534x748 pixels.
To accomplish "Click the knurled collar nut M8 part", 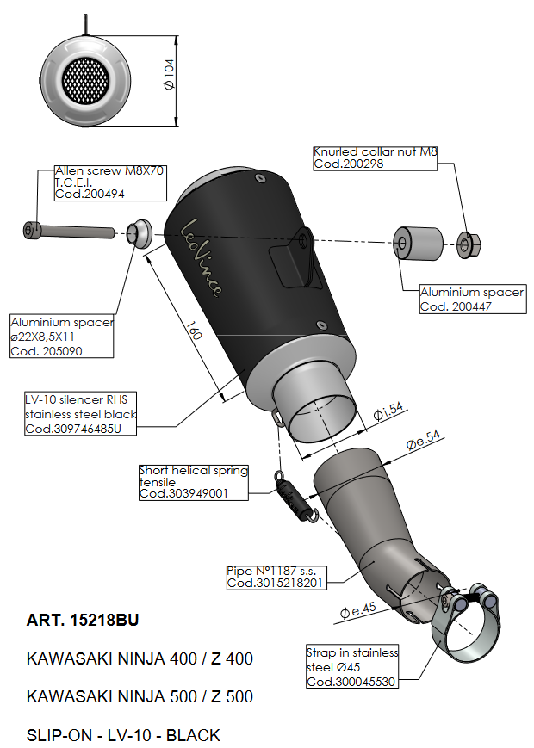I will click(x=467, y=245).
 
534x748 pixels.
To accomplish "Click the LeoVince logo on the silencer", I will click(x=202, y=256).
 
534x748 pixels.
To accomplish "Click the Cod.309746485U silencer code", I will click(x=79, y=429).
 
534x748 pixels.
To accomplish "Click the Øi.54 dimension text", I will click(x=388, y=413).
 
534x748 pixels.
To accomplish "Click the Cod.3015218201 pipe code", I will click(x=275, y=583).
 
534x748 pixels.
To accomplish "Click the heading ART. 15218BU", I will click(x=82, y=620).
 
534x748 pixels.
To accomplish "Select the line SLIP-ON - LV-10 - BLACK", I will click(x=123, y=735).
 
